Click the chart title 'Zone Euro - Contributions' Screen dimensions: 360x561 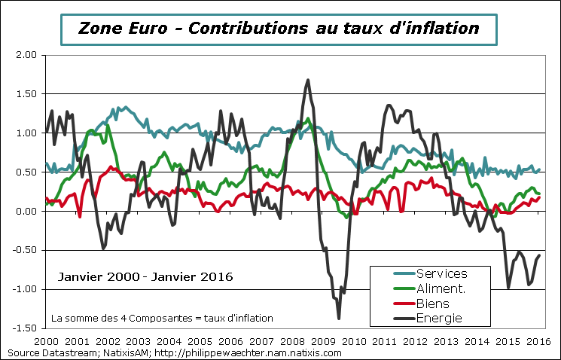coord(279,29)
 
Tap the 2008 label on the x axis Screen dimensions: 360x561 coord(292,340)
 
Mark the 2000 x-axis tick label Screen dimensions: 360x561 coord(45,340)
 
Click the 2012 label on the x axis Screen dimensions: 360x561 coord(416,340)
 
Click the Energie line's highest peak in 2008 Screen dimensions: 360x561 coord(308,80)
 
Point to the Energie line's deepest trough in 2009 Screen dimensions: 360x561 coord(339,318)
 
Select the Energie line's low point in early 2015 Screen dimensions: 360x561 coord(508,287)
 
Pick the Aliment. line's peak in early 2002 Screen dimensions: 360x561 coord(107,125)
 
